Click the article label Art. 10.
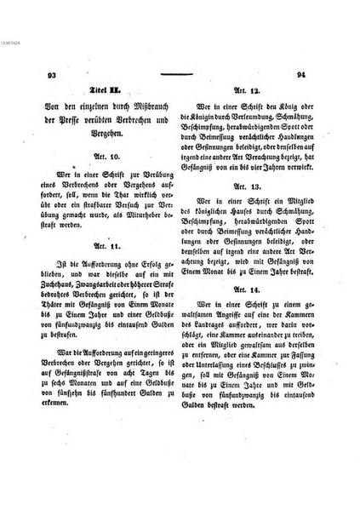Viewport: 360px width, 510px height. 109,158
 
